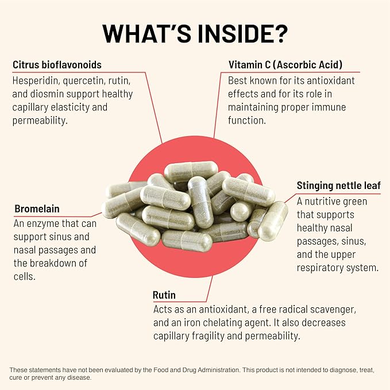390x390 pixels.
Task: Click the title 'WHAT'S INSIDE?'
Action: tap(195, 34)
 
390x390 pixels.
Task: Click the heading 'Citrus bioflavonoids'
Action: tap(57, 65)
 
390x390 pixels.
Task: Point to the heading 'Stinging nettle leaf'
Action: tap(338, 186)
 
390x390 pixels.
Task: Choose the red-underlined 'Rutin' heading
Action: tap(164, 295)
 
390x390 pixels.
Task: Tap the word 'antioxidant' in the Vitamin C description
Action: tap(327, 80)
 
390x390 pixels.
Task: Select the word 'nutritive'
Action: tap(326, 201)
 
